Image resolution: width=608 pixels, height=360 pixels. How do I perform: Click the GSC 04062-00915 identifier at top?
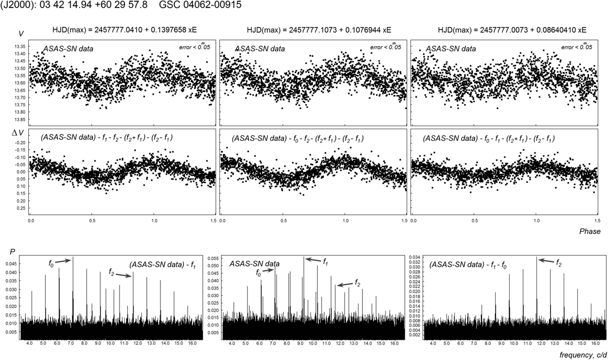[x=200, y=5]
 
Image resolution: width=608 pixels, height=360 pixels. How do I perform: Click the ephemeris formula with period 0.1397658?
[x=124, y=30]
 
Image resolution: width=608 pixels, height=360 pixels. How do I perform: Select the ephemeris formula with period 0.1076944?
[x=319, y=30]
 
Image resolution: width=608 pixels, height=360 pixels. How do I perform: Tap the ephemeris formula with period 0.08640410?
[x=512, y=30]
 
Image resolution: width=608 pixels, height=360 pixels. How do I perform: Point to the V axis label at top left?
[x=21, y=34]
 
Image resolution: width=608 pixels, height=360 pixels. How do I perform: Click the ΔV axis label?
[x=17, y=133]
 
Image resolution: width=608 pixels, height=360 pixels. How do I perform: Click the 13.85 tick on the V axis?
[x=20, y=119]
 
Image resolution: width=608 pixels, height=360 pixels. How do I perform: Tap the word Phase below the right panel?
[x=589, y=231]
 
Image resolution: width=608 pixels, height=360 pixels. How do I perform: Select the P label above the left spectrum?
[x=12, y=252]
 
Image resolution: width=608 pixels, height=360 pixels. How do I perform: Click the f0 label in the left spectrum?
[x=51, y=263]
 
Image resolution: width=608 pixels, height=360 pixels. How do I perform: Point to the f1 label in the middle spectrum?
[x=325, y=261]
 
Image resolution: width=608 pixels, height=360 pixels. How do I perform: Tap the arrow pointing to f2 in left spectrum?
[x=124, y=275]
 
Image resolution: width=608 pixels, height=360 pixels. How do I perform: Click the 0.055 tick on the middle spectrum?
[x=213, y=258]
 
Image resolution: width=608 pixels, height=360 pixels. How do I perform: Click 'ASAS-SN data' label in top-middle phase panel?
[x=260, y=49]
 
